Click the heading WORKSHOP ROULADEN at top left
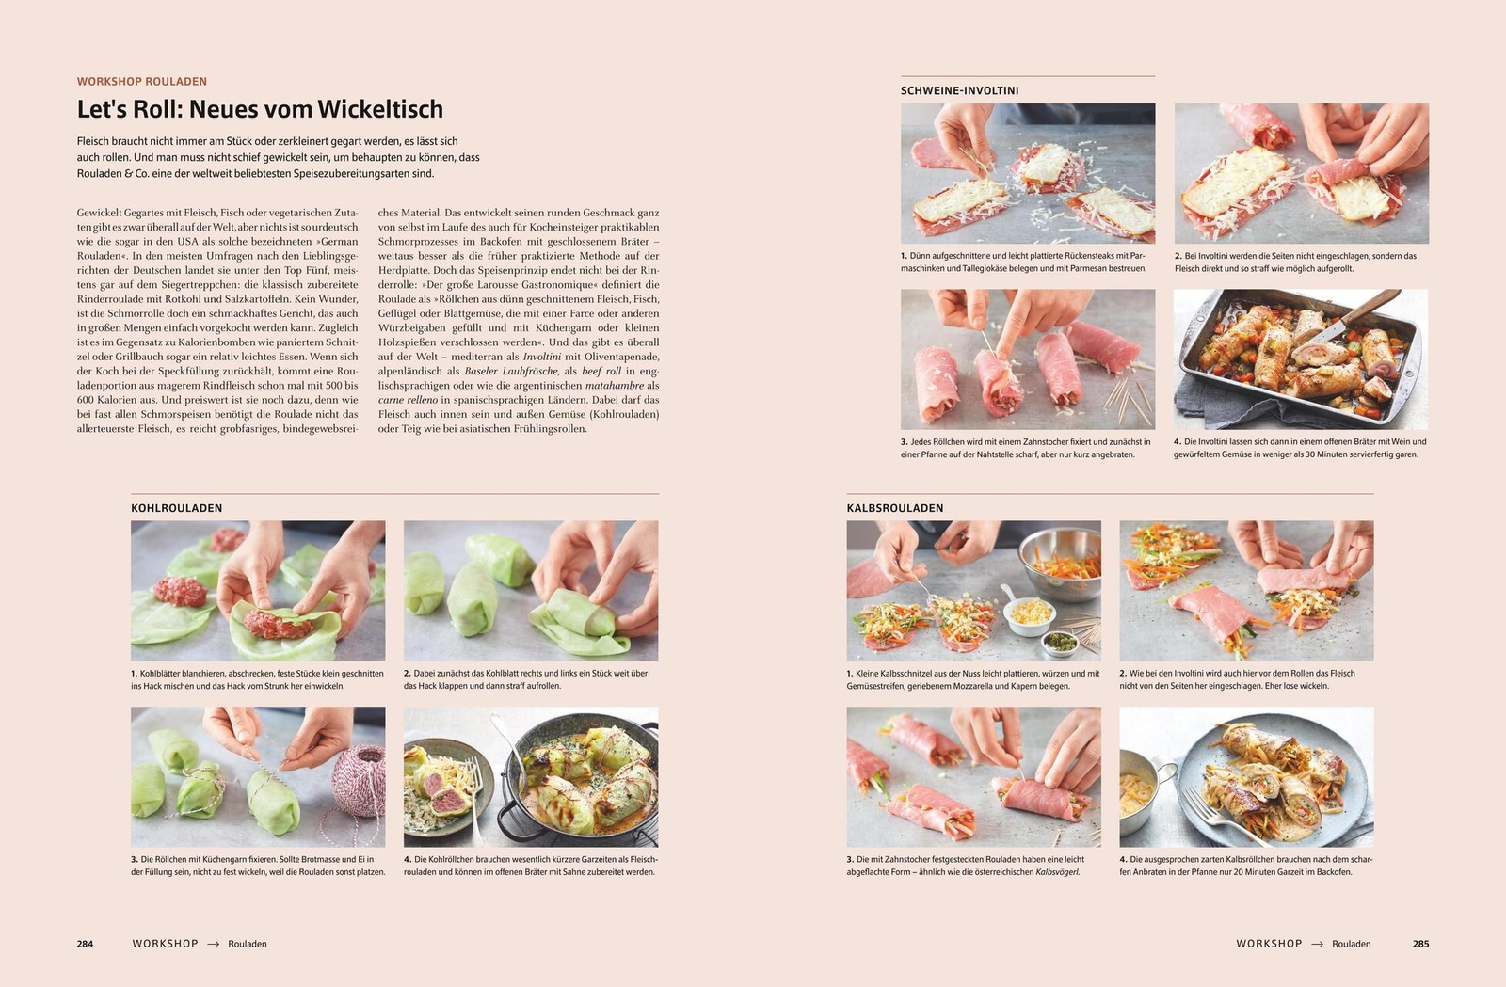tap(141, 82)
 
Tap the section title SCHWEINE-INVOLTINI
tap(959, 91)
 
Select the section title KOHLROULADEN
tap(176, 508)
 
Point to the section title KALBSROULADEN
tap(894, 508)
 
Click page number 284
tap(85, 944)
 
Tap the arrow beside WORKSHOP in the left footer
tap(213, 944)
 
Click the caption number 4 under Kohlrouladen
tap(408, 859)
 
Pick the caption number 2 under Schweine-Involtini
tap(1178, 256)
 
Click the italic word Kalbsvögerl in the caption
tap(1057, 872)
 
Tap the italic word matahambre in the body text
tap(614, 386)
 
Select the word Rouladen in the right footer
tap(1351, 944)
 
